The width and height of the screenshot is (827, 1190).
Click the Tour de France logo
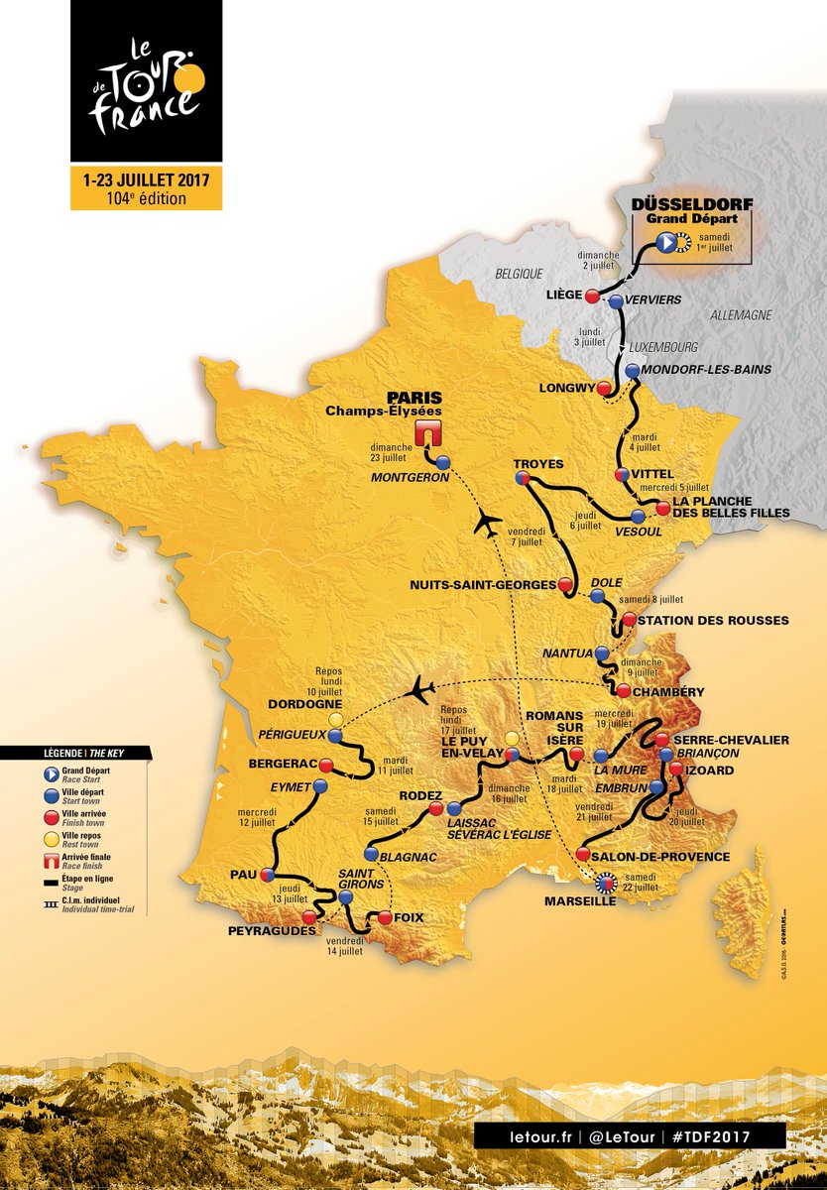(x=146, y=84)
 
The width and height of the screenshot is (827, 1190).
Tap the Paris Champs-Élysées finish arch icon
(x=428, y=432)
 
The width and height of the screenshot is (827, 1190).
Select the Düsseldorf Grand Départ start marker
(x=667, y=241)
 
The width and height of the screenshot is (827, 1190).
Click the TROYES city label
(x=538, y=464)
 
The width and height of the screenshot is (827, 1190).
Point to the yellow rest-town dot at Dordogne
(x=336, y=718)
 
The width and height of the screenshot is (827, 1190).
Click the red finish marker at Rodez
(x=435, y=809)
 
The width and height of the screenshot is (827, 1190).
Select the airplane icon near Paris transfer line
(x=487, y=522)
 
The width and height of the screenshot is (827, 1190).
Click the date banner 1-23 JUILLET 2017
(x=146, y=180)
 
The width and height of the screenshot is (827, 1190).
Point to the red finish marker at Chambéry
(x=623, y=691)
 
